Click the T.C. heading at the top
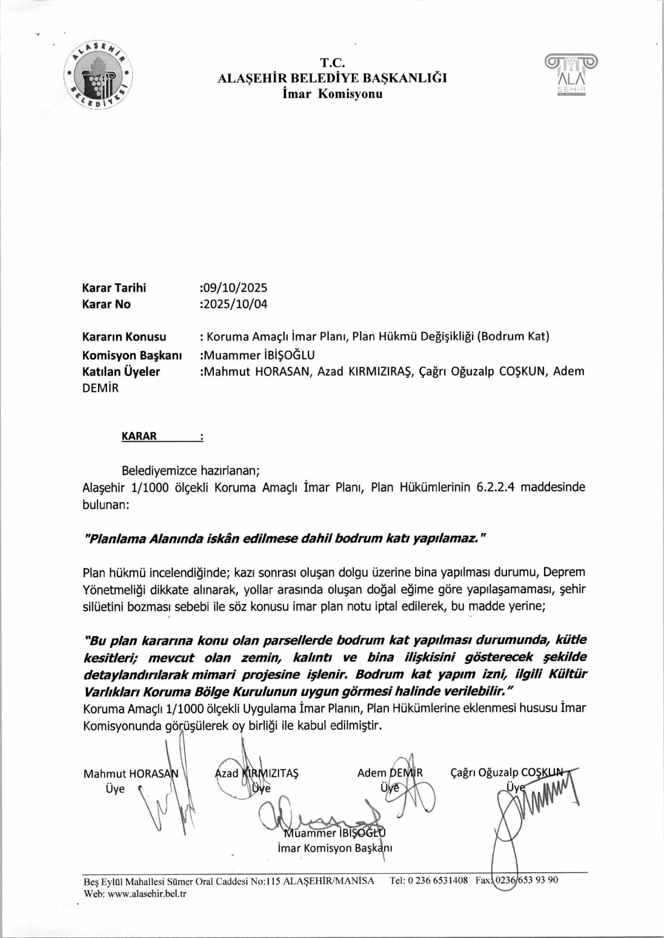coord(333,63)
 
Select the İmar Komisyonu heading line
coord(333,94)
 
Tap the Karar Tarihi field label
coord(114,288)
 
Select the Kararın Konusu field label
coord(124,337)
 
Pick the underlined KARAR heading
coord(139,436)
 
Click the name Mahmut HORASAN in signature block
coord(131,774)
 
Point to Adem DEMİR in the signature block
coord(390,773)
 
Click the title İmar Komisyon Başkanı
coord(335,848)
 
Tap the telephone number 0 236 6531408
coord(437,880)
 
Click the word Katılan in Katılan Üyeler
coord(101,372)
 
